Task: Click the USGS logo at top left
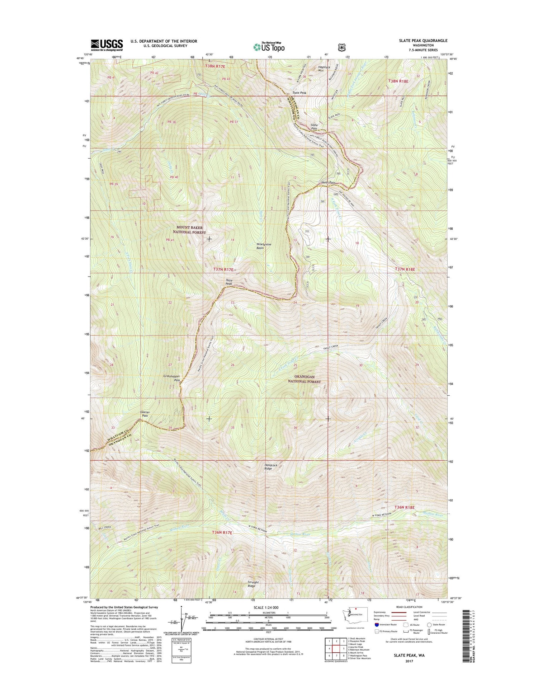pos(107,45)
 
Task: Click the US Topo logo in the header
pos(269,47)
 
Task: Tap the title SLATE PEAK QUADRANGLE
pos(423,41)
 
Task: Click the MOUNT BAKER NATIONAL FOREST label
pos(189,230)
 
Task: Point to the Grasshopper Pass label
pos(172,378)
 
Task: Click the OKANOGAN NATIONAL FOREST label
pos(304,379)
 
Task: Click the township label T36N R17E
pos(222,533)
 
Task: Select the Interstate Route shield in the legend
pos(377,625)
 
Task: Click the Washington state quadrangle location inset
pos(355,615)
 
